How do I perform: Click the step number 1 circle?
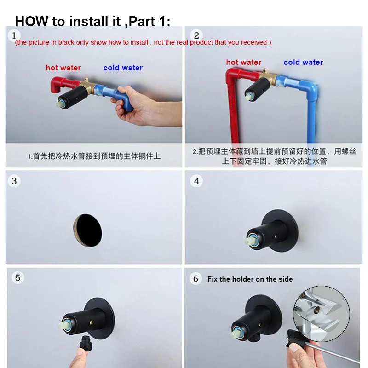pos(14,36)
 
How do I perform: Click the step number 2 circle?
pos(196,36)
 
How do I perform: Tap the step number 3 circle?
pos(14,181)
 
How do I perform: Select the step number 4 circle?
pos(196,181)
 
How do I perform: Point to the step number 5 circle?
pos(18,278)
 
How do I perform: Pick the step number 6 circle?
pos(195,279)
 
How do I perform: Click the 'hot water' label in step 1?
pos(63,68)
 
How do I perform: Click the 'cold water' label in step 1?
pos(123,68)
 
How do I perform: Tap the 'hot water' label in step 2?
pos(244,62)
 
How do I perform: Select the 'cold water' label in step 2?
pos(303,62)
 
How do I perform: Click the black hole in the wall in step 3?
pos(88,230)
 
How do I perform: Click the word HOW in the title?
pos(32,21)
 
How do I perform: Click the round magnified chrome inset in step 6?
pos(322,314)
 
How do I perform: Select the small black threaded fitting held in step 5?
pos(85,343)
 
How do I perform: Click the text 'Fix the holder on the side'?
pos(250,279)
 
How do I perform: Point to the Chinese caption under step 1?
pos(94,156)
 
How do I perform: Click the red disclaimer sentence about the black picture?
pos(143,42)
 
